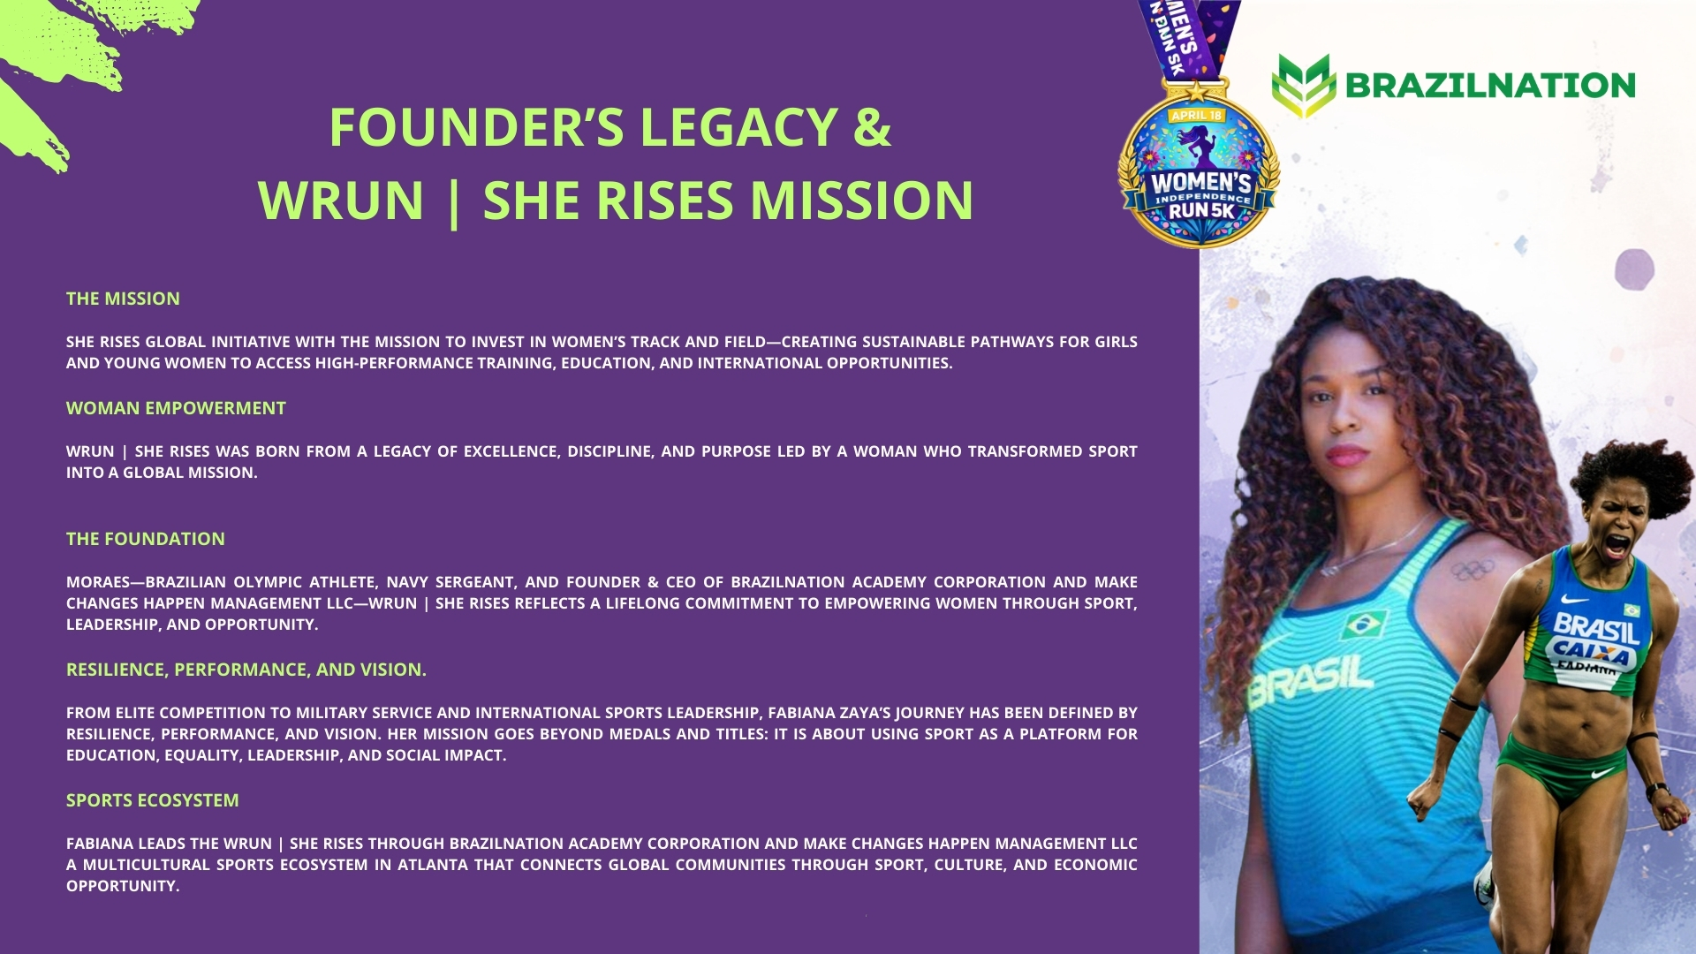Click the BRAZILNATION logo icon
coord(1304,86)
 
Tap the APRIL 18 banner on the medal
coord(1196,116)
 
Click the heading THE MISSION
coord(123,299)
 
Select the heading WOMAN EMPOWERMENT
coord(176,408)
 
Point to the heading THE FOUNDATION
coord(146,539)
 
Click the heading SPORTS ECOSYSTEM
coord(153,800)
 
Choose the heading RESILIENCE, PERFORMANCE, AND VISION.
coord(246,670)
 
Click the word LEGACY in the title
coord(738,127)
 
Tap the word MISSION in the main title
coord(861,201)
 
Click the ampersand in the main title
coord(873,127)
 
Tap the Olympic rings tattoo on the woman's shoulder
coord(1473,570)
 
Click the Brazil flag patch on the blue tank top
coord(1361,626)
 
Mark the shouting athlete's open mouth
coord(1616,545)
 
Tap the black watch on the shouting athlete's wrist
coord(1657,791)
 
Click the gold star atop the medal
coord(1196,91)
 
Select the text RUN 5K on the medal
coord(1201,210)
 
